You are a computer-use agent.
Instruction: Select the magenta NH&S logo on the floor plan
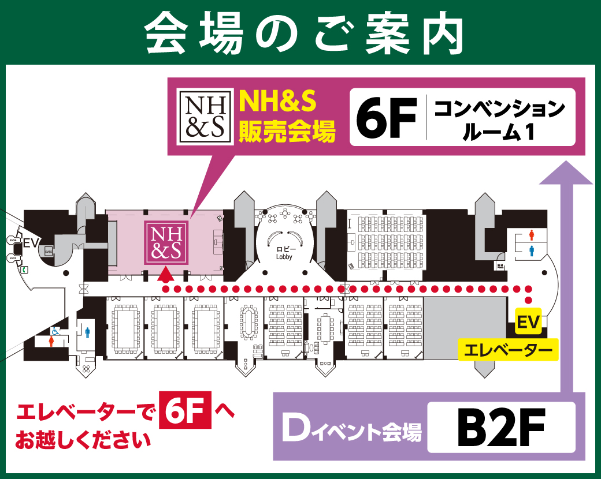[x=166, y=243]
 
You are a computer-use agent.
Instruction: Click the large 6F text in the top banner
[x=387, y=117]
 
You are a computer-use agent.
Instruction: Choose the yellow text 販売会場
[x=287, y=132]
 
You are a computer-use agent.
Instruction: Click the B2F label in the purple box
[x=500, y=427]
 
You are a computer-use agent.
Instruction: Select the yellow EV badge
[x=528, y=323]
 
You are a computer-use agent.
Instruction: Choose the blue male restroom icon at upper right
[x=532, y=250]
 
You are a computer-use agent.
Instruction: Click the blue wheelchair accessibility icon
[x=56, y=331]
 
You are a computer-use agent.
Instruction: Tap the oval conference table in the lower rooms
[x=249, y=320]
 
